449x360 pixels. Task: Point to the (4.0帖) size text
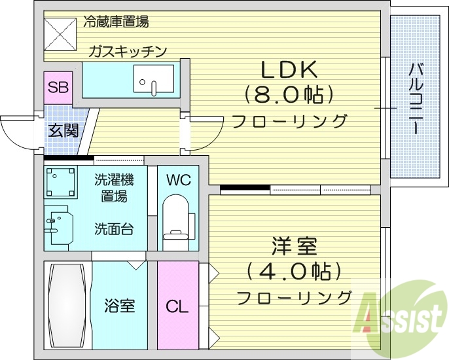(x=294, y=270)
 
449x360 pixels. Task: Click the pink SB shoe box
(x=58, y=87)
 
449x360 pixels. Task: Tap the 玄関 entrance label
(x=63, y=130)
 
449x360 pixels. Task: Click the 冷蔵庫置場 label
(x=116, y=22)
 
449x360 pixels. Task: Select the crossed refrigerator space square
(x=61, y=33)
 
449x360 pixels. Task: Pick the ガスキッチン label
(x=128, y=51)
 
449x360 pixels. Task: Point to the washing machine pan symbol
(x=61, y=183)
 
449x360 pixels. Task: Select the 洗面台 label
(x=115, y=229)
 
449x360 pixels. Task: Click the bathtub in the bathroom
(x=67, y=304)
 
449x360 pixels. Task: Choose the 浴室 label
(x=120, y=305)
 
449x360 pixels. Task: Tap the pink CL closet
(x=177, y=305)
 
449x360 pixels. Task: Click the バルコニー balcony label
(x=415, y=99)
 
